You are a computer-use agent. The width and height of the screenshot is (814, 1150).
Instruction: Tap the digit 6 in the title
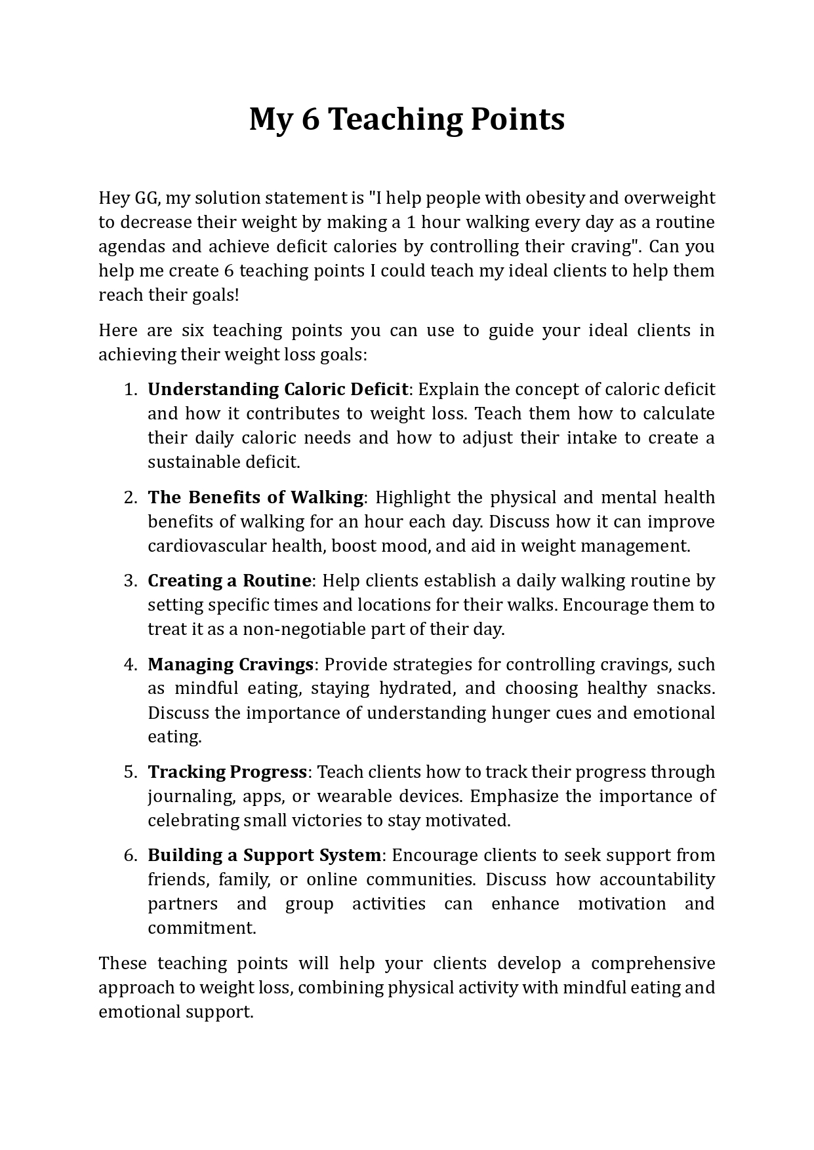(x=310, y=120)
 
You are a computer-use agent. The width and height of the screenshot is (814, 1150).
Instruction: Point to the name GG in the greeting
(x=146, y=198)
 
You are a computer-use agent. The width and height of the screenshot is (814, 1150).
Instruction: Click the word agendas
(x=130, y=246)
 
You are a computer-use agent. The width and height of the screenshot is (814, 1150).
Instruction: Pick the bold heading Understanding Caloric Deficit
(x=277, y=389)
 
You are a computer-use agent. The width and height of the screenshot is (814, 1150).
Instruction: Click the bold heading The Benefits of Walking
(x=255, y=497)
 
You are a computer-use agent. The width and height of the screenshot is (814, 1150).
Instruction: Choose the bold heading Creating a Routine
(x=229, y=581)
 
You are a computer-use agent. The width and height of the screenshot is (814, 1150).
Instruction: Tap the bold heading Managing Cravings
(x=230, y=664)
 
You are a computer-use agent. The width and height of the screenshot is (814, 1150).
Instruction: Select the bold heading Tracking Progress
(x=227, y=772)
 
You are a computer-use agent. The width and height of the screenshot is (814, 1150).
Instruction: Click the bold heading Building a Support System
(x=264, y=855)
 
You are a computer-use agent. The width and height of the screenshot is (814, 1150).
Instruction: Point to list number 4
(x=129, y=664)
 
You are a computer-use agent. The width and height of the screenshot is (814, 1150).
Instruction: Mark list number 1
(x=129, y=389)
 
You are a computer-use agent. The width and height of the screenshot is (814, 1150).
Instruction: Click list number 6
(x=129, y=855)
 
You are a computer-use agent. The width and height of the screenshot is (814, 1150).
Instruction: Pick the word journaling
(x=190, y=796)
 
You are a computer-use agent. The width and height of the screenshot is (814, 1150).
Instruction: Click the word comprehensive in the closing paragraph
(x=653, y=963)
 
